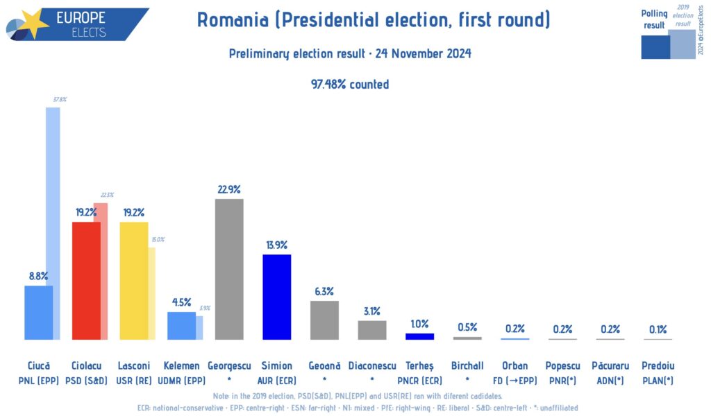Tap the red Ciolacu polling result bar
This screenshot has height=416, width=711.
point(86,280)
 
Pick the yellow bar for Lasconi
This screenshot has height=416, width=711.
point(133,280)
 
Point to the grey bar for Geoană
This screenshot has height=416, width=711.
point(324,320)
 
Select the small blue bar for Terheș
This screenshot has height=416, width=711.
point(419,336)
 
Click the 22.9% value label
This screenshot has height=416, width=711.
point(229,189)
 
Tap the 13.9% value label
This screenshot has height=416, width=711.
point(276,245)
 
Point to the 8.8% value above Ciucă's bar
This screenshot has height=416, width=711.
point(38,276)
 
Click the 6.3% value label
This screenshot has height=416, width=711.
point(324,291)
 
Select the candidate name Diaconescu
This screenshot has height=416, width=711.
point(372,365)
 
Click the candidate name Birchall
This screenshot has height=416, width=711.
point(467,365)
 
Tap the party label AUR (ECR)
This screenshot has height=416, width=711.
point(276,380)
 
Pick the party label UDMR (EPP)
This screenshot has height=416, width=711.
point(181,380)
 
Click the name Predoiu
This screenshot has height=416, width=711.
point(658,365)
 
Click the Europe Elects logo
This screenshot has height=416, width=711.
point(76,24)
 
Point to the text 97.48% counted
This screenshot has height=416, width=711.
point(350,84)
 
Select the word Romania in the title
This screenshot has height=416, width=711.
point(233,20)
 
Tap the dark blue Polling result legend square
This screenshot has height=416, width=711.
point(655,46)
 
